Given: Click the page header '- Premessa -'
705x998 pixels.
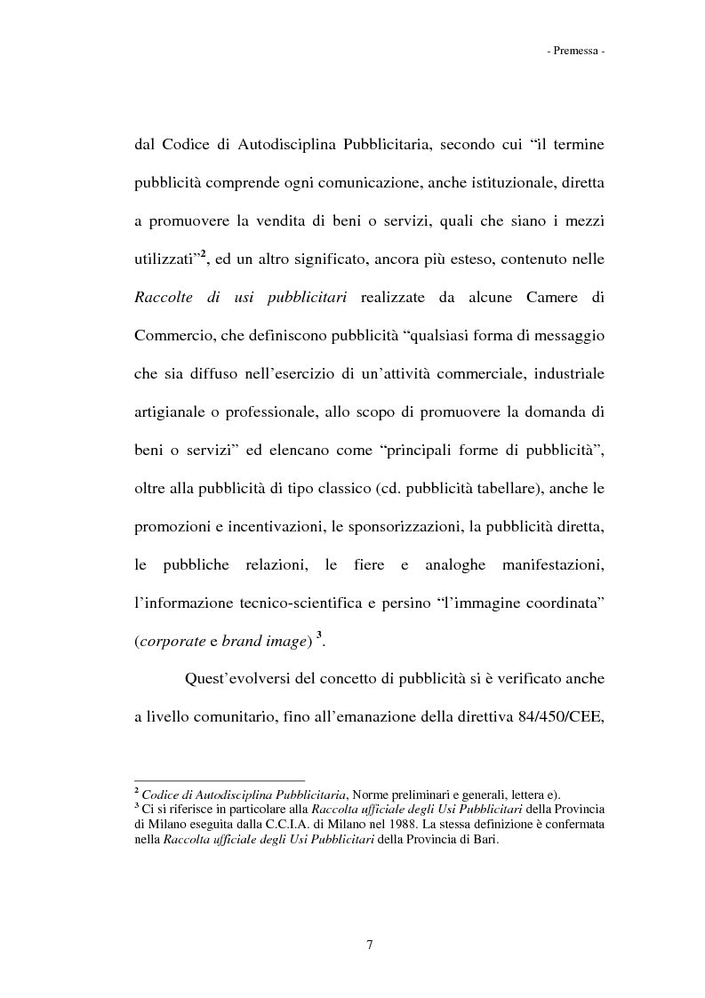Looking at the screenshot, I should click(576, 52).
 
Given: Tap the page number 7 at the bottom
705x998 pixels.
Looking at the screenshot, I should click(369, 944).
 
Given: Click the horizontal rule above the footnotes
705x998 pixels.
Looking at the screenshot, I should click(219, 781).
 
